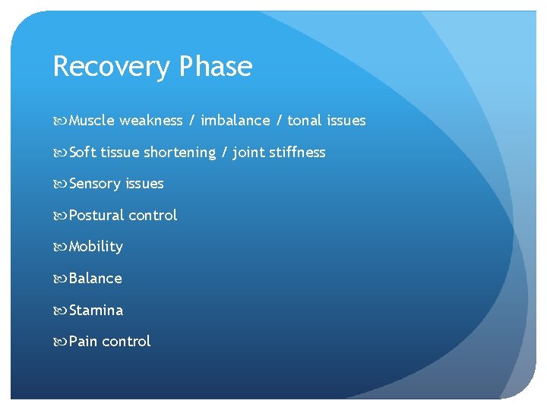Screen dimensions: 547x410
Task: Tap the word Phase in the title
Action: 216,67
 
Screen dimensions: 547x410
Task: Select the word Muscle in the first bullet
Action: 92,120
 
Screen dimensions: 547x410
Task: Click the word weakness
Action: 151,120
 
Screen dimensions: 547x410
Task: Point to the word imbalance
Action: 236,120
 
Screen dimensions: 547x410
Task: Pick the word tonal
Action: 305,120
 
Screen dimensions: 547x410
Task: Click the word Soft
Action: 84,152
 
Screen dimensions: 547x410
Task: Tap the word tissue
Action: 120,152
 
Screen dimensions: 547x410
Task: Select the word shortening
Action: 180,153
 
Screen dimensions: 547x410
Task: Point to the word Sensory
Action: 94,184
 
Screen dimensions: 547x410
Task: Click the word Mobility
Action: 96,247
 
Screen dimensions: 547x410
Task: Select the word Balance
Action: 96,279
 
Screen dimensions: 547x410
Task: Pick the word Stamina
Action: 96,310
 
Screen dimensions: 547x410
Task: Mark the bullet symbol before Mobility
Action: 60,247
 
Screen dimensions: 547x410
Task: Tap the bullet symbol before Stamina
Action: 60,310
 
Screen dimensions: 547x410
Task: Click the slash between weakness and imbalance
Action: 192,120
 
